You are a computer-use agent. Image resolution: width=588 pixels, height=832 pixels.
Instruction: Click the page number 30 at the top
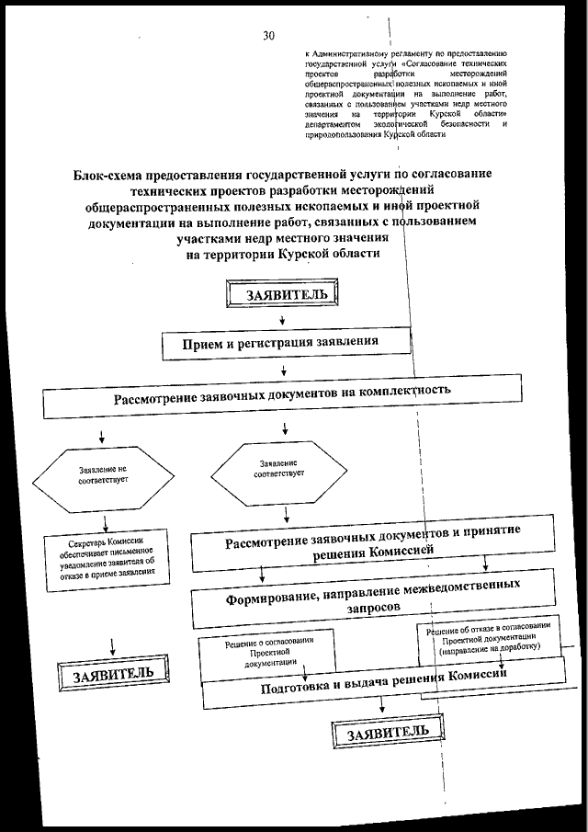click(268, 36)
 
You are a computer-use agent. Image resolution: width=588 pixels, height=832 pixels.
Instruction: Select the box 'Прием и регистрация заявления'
click(284, 345)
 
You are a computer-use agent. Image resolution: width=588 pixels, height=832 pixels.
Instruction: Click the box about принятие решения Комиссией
click(372, 541)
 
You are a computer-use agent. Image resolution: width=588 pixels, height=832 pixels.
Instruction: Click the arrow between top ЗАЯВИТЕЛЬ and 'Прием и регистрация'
click(282, 322)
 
